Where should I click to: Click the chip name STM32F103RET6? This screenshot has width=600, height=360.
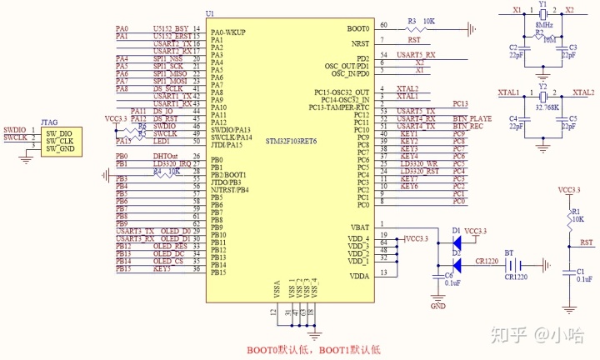(x=292, y=141)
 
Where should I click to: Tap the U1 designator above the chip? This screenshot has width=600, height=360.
(x=210, y=14)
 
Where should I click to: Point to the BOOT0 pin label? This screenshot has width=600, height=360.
(x=358, y=29)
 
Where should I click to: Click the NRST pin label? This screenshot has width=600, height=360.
(x=361, y=42)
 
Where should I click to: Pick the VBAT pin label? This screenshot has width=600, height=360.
(x=359, y=227)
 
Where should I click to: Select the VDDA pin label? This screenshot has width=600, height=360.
(x=359, y=276)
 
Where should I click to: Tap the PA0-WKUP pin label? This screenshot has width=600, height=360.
(x=228, y=32)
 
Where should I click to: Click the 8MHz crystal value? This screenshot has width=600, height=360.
(x=544, y=26)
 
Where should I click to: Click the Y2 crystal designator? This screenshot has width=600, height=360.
(x=542, y=87)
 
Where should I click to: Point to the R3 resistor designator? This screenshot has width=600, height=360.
(x=412, y=21)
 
